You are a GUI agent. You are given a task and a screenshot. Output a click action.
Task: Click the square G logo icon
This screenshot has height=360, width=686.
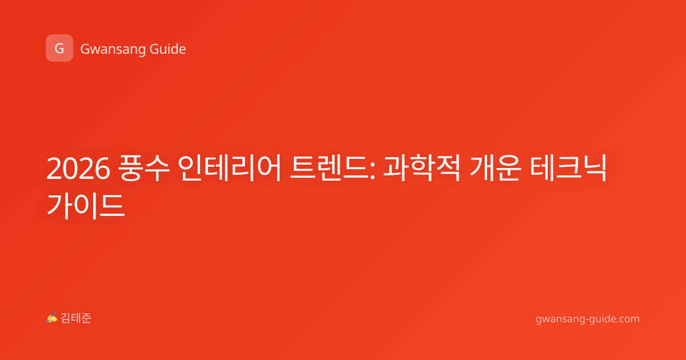click(x=59, y=48)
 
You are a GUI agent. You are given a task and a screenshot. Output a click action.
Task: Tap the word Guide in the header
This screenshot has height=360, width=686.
click(x=168, y=49)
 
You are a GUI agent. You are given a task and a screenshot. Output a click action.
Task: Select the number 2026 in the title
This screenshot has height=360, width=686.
click(x=78, y=169)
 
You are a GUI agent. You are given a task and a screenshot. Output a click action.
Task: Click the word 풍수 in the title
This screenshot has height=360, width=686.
click(x=143, y=168)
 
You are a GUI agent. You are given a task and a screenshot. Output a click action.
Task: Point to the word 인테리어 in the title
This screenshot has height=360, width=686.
click(x=229, y=168)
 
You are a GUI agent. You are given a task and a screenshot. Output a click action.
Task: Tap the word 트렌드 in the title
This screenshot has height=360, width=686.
click(x=329, y=168)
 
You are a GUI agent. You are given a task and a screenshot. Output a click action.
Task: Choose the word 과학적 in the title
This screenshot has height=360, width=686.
click(x=422, y=168)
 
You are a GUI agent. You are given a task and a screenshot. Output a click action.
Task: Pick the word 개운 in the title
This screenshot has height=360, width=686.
click(x=495, y=168)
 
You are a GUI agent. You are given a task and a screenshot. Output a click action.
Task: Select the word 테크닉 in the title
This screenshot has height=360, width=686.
click(x=568, y=168)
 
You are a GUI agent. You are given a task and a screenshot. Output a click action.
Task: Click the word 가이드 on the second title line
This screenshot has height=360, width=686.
click(x=86, y=206)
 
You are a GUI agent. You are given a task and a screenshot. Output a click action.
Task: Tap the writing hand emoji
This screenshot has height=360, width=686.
click(x=52, y=318)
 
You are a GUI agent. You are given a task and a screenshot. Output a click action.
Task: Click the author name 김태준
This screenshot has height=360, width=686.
click(x=76, y=318)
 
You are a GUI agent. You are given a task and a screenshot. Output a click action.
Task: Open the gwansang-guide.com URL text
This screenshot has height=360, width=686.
click(x=588, y=319)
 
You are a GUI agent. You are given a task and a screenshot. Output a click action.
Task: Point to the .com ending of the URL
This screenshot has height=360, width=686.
click(x=628, y=319)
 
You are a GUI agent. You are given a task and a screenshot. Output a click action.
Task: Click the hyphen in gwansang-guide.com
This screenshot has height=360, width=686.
click(x=587, y=320)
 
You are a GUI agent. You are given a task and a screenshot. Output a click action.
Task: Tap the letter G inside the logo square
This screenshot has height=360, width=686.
click(x=59, y=48)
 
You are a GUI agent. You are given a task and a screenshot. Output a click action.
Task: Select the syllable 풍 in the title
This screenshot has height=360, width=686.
click(x=131, y=168)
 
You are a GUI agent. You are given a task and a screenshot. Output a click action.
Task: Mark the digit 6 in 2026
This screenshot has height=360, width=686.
click(x=102, y=169)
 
